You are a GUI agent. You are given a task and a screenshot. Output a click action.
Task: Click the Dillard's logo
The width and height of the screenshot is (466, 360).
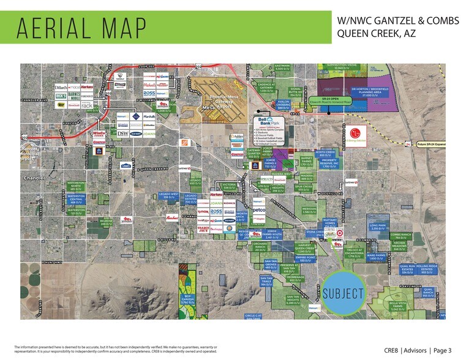point(64,87)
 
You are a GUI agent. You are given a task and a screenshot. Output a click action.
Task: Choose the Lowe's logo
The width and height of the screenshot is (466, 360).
point(126,164)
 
